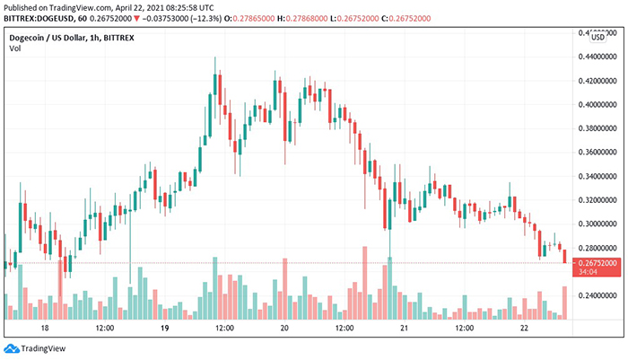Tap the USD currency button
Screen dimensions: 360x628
click(597, 36)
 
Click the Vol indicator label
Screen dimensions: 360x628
click(14, 48)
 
